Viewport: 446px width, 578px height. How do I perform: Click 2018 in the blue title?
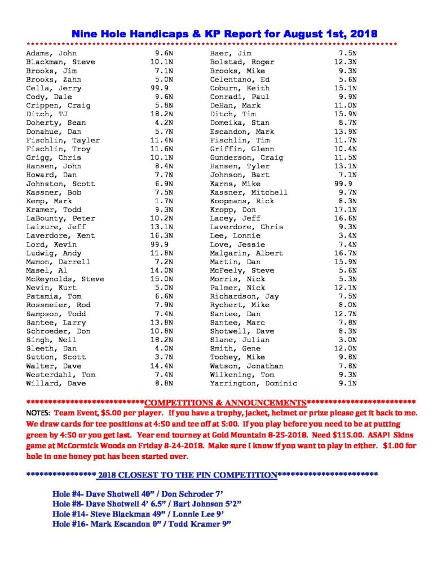point(361,34)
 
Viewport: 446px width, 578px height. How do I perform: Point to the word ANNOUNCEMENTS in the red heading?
point(262,403)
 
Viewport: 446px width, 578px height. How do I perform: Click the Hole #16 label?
point(69,524)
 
